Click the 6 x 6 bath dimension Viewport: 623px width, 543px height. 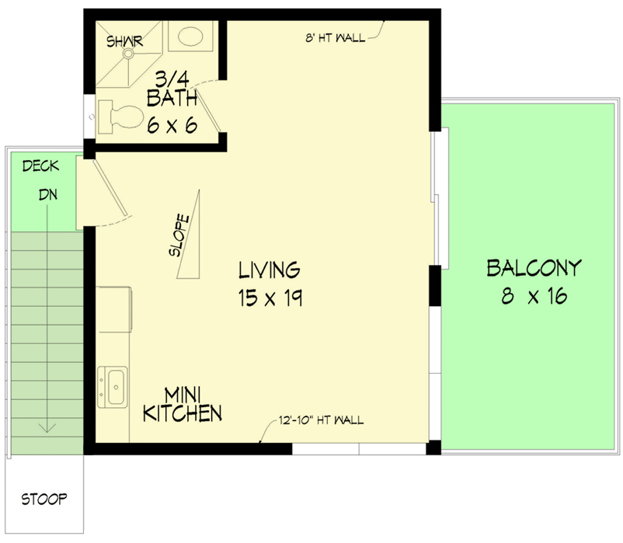[172, 124]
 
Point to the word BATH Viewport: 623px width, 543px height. [172, 100]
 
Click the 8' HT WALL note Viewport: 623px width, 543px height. [335, 37]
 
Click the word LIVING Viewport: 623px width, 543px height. [269, 270]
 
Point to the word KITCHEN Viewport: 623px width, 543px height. [183, 414]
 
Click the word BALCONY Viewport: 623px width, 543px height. [534, 269]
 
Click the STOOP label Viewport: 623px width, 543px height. [44, 498]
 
